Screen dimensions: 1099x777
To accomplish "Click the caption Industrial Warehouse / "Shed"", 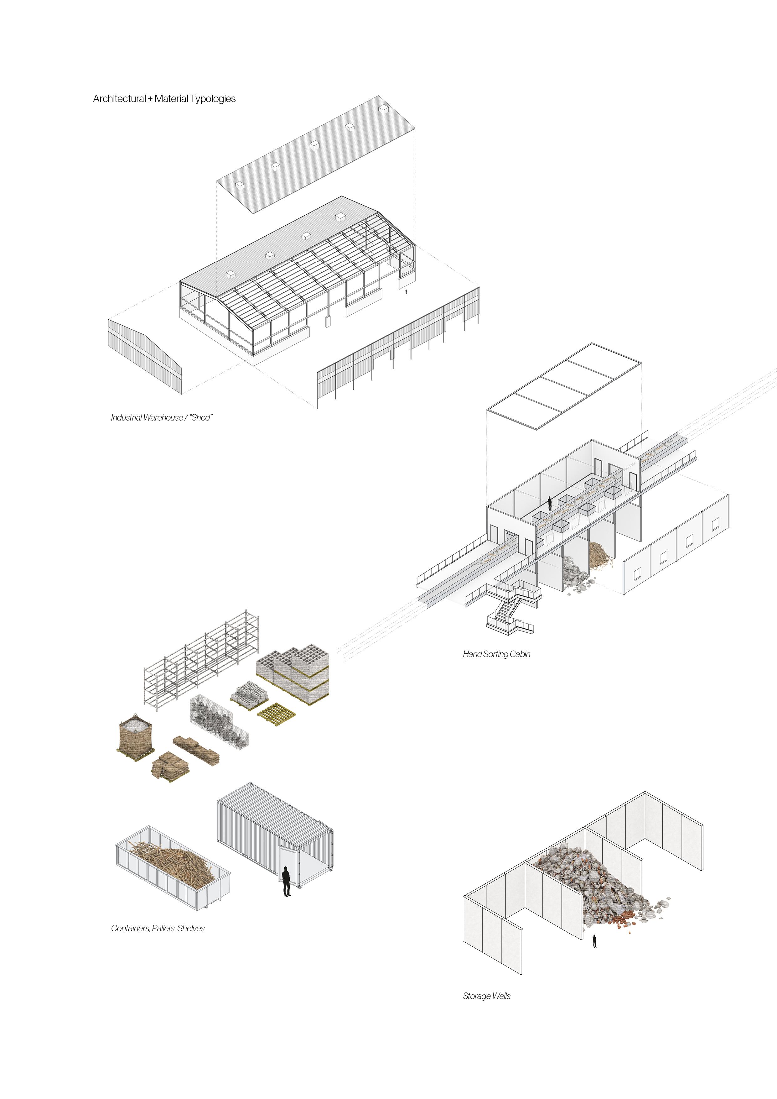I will pos(161,417).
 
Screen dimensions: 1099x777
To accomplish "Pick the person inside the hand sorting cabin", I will pos(550,503).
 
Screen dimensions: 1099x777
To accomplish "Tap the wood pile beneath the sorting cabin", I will pos(600,555).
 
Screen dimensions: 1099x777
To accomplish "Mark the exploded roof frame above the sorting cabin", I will pos(564,386).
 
